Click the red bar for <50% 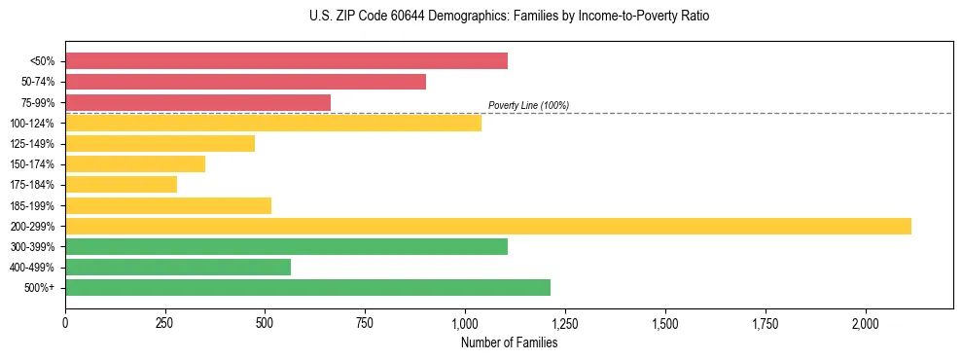tap(286, 61)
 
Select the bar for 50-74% tap(245, 82)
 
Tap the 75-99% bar tap(197, 102)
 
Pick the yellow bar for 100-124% tap(272, 123)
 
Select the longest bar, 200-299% tap(487, 227)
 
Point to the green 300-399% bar tap(286, 247)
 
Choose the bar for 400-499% tap(177, 268)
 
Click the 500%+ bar tap(307, 288)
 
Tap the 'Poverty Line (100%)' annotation tap(528, 105)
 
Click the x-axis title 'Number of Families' tap(509, 342)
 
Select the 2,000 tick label tap(866, 322)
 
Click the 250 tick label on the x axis tap(165, 322)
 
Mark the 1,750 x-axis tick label tap(766, 322)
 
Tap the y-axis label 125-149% tap(32, 144)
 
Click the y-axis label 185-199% tap(32, 206)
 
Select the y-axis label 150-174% tap(32, 164)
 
